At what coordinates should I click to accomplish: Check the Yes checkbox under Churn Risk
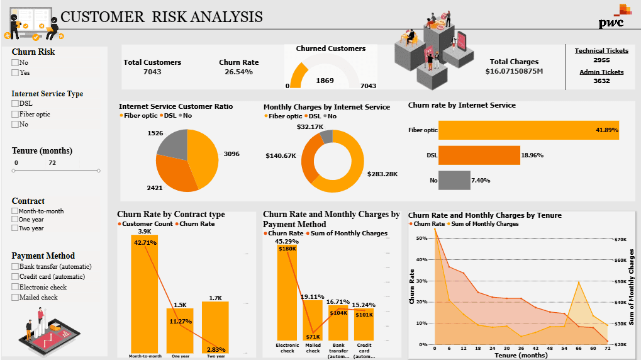15,73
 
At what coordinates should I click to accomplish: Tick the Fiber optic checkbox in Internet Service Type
15,115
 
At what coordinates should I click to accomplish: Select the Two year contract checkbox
15,228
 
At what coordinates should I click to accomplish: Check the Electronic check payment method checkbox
15,287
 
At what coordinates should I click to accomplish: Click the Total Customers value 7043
152,72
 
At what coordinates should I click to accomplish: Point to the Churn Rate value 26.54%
238,72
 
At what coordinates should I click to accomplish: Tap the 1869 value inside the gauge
325,81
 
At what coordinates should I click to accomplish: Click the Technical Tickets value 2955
601,60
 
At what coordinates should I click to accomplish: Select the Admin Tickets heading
601,72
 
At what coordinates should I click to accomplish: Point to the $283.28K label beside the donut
383,174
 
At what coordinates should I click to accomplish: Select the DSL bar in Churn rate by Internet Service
479,155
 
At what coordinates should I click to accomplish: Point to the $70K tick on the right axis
621,239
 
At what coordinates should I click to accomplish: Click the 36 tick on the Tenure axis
521,348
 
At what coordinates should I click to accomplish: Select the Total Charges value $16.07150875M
514,71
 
